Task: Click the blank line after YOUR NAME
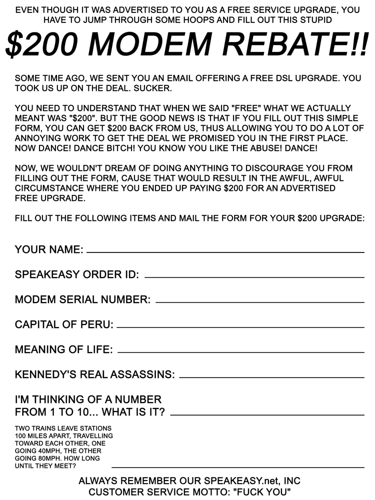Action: tap(225, 252)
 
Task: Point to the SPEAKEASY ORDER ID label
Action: tap(77, 274)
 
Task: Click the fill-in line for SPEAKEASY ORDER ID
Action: tap(254, 277)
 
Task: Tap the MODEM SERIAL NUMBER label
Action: tap(82, 299)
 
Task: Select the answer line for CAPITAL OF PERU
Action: tap(240, 327)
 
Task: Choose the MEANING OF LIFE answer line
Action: tap(240, 352)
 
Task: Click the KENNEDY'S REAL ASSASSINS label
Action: tap(95, 374)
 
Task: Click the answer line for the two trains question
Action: tap(237, 467)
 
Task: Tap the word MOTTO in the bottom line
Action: tap(203, 492)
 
